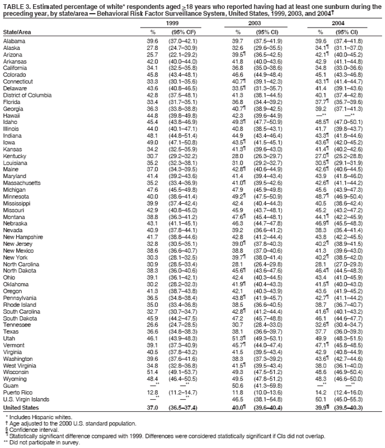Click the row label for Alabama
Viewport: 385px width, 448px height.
(x=14, y=40)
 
